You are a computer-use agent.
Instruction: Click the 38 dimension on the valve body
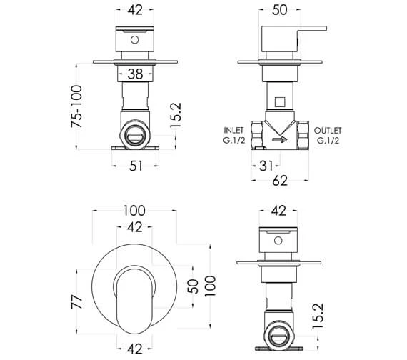coord(135,74)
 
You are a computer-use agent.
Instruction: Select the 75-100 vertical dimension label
coord(76,106)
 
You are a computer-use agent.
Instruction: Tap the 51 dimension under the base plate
coord(136,166)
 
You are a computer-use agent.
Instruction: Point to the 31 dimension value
coord(266,166)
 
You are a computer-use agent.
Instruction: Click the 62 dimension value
coord(280,181)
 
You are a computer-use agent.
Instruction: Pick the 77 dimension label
coord(77,301)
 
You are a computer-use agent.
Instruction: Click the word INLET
coord(234,131)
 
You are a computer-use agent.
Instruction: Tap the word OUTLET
coord(328,131)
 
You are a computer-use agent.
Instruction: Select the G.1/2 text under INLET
coord(234,141)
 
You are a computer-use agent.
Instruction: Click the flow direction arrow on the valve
coord(280,140)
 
